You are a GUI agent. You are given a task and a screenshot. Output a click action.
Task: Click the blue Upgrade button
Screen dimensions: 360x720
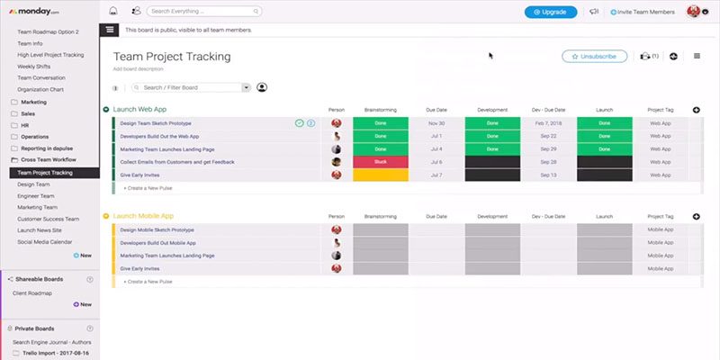point(551,12)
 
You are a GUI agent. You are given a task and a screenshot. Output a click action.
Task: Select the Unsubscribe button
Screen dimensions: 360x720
point(594,56)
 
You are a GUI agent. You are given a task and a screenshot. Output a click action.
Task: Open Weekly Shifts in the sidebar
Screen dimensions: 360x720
point(36,66)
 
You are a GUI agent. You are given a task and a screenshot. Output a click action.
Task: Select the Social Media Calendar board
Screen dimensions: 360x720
point(46,241)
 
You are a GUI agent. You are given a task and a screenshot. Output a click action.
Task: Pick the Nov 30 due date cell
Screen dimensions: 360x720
point(436,122)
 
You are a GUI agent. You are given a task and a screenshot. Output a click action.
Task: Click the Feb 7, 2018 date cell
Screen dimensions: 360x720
point(548,122)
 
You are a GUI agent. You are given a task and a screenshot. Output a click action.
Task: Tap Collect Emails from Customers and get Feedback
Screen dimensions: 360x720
point(177,162)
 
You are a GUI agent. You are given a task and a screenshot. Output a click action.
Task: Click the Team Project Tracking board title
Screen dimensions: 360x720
point(172,57)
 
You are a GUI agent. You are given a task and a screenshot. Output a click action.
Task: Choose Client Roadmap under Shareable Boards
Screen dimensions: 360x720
point(32,292)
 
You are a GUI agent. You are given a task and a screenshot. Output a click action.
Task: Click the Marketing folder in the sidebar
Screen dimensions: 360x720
point(33,102)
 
